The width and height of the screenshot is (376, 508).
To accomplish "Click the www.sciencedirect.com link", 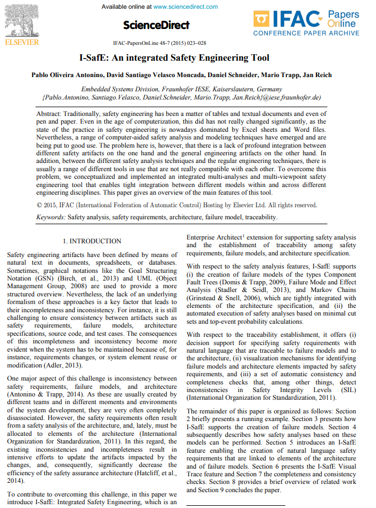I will point(186,7).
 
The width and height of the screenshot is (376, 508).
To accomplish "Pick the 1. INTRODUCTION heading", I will point(92,241).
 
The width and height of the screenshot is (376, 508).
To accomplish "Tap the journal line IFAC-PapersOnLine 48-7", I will point(160,43).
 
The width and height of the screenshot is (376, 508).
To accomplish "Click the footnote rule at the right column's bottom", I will point(236,505).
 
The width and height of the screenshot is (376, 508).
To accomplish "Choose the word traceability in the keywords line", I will point(260,217).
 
